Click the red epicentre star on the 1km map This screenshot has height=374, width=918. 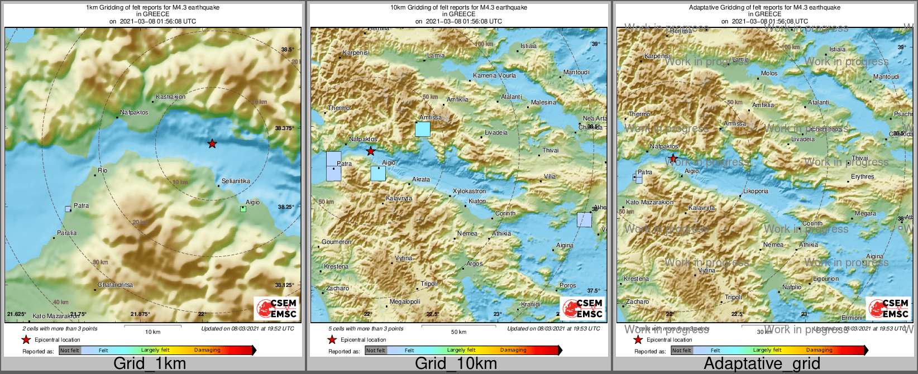pyautogui.click(x=212, y=144)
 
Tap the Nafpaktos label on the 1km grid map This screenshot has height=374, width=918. pyautogui.click(x=135, y=112)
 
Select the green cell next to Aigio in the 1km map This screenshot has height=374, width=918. pyautogui.click(x=243, y=209)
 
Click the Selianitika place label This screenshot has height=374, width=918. pyautogui.click(x=236, y=181)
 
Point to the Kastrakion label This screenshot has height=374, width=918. pyautogui.click(x=171, y=97)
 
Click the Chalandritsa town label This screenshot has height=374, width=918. pyautogui.click(x=116, y=285)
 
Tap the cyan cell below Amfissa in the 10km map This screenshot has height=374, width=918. pyautogui.click(x=423, y=130)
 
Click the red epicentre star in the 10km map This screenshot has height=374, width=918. pyautogui.click(x=371, y=151)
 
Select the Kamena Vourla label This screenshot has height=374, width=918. pyautogui.click(x=494, y=75)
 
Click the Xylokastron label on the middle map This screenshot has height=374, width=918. pyautogui.click(x=469, y=191)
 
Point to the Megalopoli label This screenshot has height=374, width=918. pyautogui.click(x=405, y=301)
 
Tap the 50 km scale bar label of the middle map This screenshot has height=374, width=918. pyautogui.click(x=458, y=332)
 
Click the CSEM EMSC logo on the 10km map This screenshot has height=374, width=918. pyautogui.click(x=583, y=308)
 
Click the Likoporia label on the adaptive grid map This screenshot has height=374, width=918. pyautogui.click(x=756, y=191)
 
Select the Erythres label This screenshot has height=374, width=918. pyautogui.click(x=863, y=176)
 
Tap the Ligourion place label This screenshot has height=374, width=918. pyautogui.click(x=826, y=279)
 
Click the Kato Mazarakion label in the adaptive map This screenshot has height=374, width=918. pyautogui.click(x=649, y=202)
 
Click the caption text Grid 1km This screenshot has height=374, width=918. pyautogui.click(x=150, y=363)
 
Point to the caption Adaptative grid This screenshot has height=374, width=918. pyautogui.click(x=762, y=363)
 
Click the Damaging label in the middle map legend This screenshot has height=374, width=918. pyautogui.click(x=513, y=350)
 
